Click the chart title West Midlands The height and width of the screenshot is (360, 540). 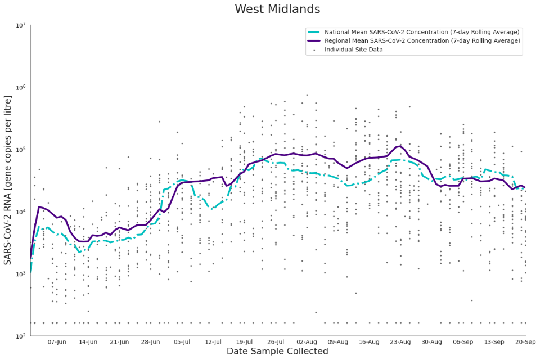click(x=277, y=10)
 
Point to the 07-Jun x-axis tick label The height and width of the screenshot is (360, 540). click(x=57, y=342)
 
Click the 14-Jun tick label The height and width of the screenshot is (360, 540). click(x=88, y=342)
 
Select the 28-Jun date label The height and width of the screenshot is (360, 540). click(x=151, y=342)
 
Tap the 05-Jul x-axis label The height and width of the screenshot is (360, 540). click(x=182, y=342)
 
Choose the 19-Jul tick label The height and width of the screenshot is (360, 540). click(x=245, y=342)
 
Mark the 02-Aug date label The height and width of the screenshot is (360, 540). click(x=307, y=342)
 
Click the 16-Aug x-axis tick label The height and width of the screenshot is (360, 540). click(x=370, y=342)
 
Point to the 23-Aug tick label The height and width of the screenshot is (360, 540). click(x=400, y=342)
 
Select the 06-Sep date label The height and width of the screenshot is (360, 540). click(x=463, y=342)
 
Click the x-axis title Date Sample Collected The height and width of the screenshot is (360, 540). click(x=277, y=352)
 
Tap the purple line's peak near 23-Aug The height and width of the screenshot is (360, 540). click(x=400, y=146)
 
